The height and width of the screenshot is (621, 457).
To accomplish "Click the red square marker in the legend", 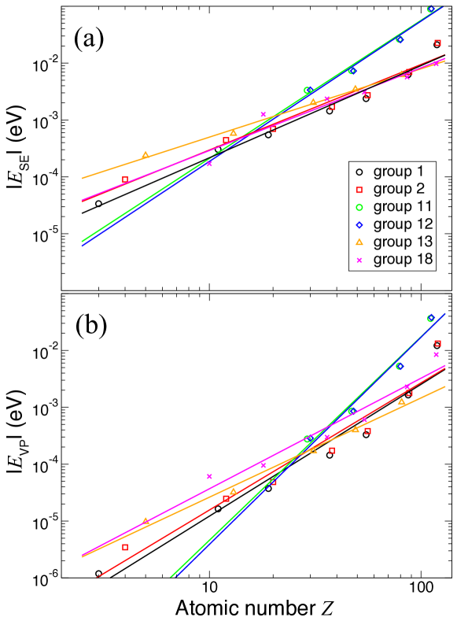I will pyautogui.click(x=359, y=190).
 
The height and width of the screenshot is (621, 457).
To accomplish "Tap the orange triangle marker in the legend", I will pyautogui.click(x=359, y=242).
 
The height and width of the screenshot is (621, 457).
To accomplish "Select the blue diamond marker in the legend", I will pyautogui.click(x=359, y=224).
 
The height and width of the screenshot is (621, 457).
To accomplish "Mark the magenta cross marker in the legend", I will pyautogui.click(x=359, y=260).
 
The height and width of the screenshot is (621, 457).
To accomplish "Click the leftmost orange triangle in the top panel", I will pyautogui.click(x=145, y=154).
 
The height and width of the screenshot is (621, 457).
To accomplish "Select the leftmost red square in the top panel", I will pyautogui.click(x=125, y=179).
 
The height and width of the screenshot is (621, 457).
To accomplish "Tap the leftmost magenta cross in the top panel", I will pyautogui.click(x=209, y=164).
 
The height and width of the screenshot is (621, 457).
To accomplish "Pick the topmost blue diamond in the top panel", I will pyautogui.click(x=430, y=9).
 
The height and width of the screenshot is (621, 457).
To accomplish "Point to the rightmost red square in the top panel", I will pyautogui.click(x=438, y=43).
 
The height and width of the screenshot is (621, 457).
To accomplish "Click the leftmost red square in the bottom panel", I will pyautogui.click(x=125, y=547).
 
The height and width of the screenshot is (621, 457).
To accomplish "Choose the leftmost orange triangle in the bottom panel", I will pyautogui.click(x=145, y=520).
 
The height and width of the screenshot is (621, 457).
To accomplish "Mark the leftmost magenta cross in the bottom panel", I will pyautogui.click(x=209, y=476).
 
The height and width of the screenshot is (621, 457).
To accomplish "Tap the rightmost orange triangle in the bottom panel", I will pyautogui.click(x=402, y=401).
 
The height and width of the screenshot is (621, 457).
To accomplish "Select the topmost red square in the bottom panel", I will pyautogui.click(x=438, y=343).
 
